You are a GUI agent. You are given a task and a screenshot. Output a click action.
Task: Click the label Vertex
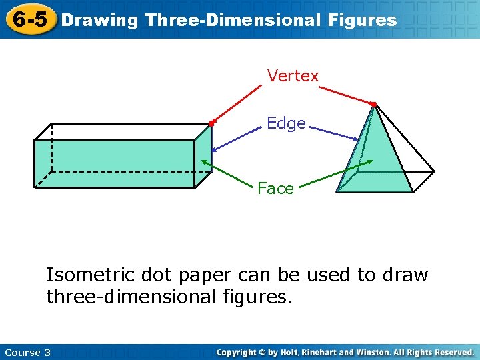pyautogui.click(x=293, y=76)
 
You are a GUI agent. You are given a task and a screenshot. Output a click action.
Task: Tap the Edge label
pyautogui.click(x=286, y=123)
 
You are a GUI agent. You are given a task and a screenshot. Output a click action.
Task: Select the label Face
pyautogui.click(x=275, y=189)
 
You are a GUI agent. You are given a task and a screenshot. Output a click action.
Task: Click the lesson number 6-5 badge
pyautogui.click(x=29, y=19)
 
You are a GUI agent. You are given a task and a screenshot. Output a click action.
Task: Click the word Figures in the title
pyautogui.click(x=362, y=20)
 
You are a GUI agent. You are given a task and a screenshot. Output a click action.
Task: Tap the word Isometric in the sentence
pyautogui.click(x=87, y=275)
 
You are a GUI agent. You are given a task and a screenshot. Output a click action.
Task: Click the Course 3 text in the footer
pyautogui.click(x=27, y=352)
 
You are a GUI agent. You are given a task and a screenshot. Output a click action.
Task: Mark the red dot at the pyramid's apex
pyautogui.click(x=374, y=104)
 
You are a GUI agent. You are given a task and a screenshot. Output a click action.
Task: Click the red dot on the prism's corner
pyautogui.click(x=211, y=123)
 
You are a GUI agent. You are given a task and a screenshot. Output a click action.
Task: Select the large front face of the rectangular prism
pyautogui.click(x=114, y=163)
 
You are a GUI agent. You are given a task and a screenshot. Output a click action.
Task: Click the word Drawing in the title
pyautogui.click(x=99, y=20)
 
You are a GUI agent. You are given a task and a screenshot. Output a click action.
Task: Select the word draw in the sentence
pyautogui.click(x=405, y=275)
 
